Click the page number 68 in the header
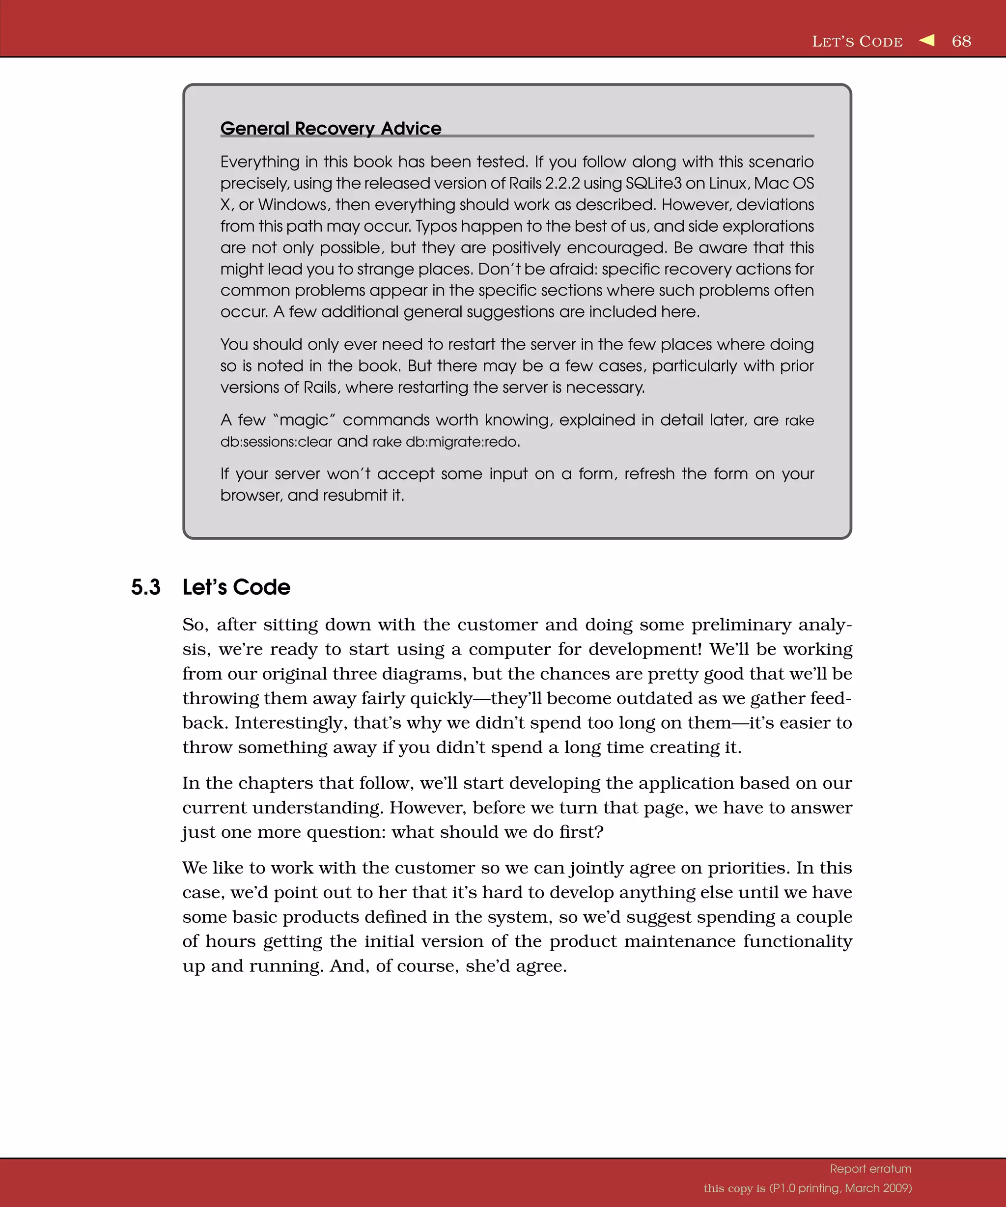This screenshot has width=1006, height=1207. (961, 41)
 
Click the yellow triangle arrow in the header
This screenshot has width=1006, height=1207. (927, 40)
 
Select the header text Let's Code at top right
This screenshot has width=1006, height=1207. (857, 42)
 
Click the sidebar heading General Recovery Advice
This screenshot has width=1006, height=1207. (331, 128)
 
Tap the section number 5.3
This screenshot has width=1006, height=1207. (145, 587)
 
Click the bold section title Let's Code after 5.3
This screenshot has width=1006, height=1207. (236, 587)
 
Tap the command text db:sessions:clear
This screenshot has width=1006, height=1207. (276, 442)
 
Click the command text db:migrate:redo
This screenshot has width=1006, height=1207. (462, 442)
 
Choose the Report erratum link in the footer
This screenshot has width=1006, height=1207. (870, 1169)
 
